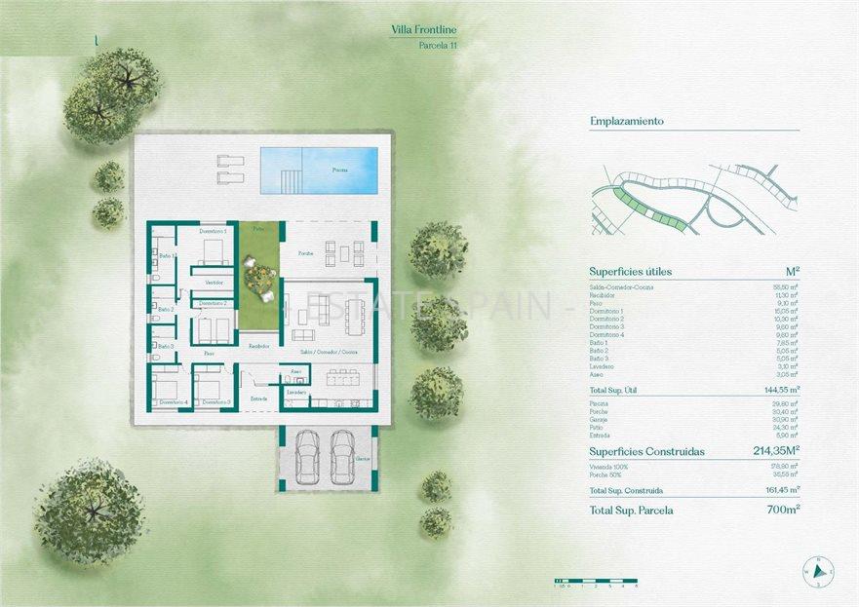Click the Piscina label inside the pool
pos(339,170)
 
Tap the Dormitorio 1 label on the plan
pos(213,231)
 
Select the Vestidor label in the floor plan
pos(214,283)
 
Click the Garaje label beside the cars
pos(363,458)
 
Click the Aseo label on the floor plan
pos(295,371)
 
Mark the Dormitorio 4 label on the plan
pos(174,401)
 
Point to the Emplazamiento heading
pos(626,122)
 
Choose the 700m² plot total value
pos(782,510)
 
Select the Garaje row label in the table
pos(599,418)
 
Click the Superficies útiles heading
pos(630,272)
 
